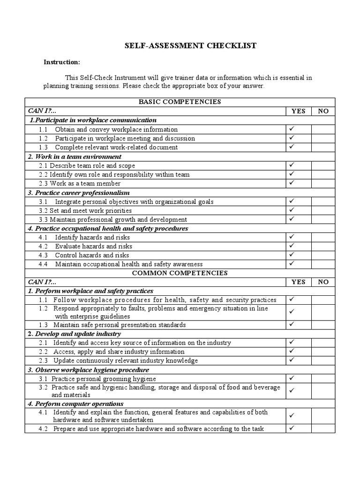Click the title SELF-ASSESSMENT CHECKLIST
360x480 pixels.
(x=190, y=45)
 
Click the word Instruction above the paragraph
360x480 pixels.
(x=62, y=62)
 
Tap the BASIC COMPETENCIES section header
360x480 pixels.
(x=180, y=102)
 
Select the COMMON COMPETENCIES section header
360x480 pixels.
(x=180, y=273)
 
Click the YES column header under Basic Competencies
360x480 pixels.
(x=298, y=111)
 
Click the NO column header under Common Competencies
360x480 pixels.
(x=323, y=282)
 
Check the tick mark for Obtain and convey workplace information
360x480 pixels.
(x=292, y=129)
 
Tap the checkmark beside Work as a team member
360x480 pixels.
(x=292, y=183)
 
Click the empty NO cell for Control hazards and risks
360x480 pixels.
(x=323, y=255)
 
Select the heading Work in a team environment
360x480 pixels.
(x=75, y=157)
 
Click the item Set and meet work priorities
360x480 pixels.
(x=85, y=210)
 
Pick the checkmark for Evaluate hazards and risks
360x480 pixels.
(x=292, y=246)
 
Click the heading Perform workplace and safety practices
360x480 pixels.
(x=90, y=291)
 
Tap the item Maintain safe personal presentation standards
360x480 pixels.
(x=120, y=325)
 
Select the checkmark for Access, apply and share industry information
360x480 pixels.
(x=292, y=351)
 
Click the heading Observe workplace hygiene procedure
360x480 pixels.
(x=91, y=370)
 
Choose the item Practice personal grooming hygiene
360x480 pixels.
(x=104, y=379)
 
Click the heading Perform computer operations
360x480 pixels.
(x=76, y=404)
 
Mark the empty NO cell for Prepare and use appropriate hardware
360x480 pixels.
(x=323, y=428)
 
